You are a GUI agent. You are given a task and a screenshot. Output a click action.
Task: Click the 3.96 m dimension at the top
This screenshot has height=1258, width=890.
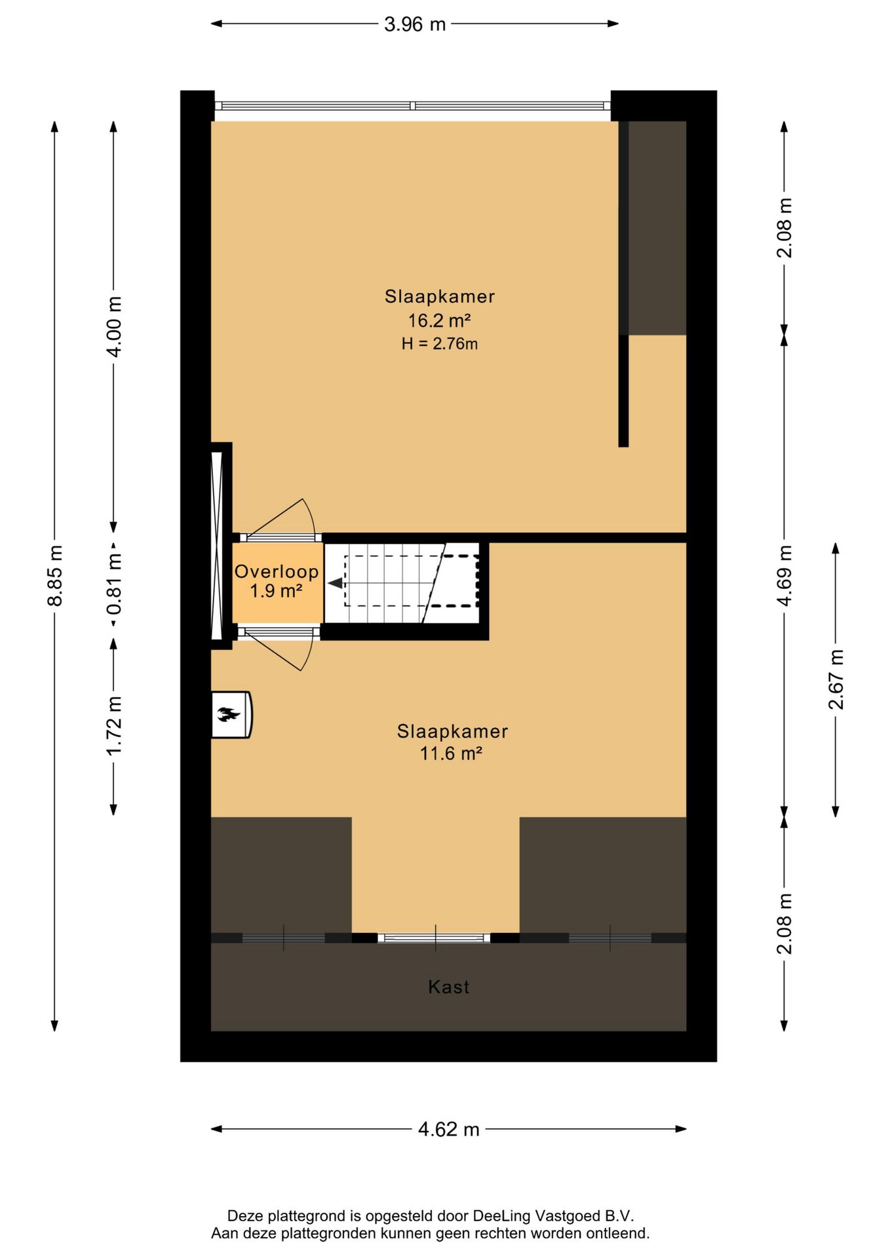tap(414, 24)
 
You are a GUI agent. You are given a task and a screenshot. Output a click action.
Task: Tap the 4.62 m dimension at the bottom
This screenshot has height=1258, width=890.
tap(448, 1129)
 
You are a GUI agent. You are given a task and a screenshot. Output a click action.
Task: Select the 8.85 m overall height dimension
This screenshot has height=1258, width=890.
tap(56, 575)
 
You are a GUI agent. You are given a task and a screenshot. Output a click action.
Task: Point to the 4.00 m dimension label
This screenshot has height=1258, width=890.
tap(114, 326)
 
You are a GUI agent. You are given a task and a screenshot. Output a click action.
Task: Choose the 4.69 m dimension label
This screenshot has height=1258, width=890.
tap(784, 575)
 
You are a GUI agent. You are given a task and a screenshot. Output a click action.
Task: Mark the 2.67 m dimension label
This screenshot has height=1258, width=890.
tap(836, 679)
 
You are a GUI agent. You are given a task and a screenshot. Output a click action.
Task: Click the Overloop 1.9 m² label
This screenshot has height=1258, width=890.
tap(277, 581)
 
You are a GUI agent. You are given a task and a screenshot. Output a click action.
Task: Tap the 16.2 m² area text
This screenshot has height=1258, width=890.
tap(439, 320)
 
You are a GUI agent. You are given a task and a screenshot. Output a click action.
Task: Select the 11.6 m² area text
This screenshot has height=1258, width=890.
tap(451, 753)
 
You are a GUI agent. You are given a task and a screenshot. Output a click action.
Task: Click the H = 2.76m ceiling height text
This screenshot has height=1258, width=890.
tap(439, 343)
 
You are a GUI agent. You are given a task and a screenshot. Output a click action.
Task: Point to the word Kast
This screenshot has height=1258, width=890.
tap(448, 987)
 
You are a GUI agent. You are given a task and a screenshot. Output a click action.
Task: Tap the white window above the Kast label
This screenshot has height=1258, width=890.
tap(434, 938)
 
